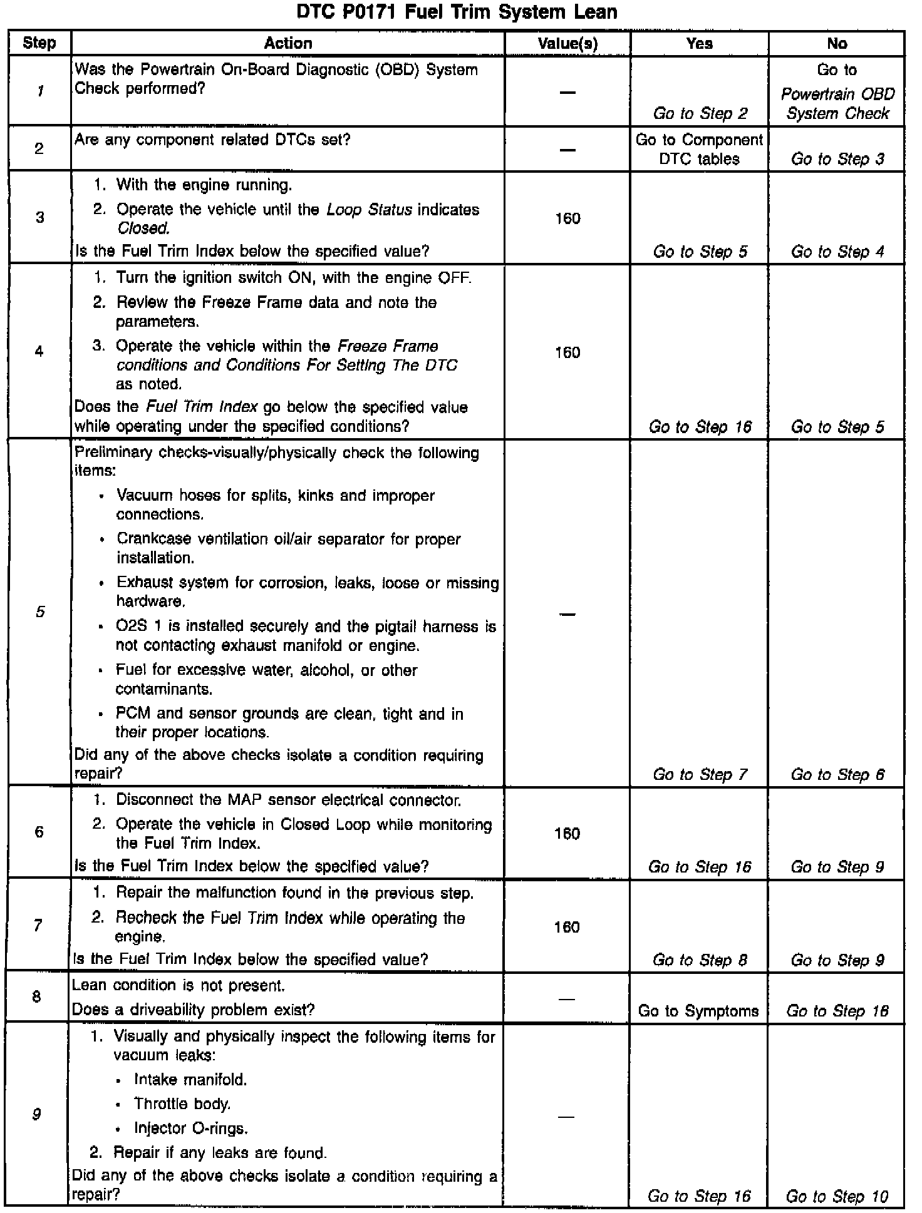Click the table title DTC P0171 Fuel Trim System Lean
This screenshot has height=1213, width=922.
[457, 13]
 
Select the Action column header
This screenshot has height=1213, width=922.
[287, 43]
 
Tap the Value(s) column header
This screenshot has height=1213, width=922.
[567, 43]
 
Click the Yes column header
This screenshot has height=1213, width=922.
[699, 43]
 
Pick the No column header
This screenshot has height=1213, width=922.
[837, 43]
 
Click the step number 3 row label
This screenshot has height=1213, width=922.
[39, 218]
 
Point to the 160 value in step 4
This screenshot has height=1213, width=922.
[567, 352]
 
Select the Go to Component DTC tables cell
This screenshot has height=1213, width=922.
[699, 149]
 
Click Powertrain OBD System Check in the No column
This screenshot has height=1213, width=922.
[837, 104]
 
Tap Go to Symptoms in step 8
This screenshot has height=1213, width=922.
[698, 1011]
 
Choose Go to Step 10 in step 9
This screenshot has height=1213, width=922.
[837, 1197]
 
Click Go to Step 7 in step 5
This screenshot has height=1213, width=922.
[700, 774]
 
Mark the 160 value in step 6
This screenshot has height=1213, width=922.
[567, 833]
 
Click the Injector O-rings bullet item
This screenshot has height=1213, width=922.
[191, 1128]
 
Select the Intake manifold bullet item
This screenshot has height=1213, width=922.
[190, 1079]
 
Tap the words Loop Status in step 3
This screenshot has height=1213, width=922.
[370, 209]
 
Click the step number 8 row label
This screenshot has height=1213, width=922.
[38, 996]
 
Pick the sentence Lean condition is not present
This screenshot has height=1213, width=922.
[179, 985]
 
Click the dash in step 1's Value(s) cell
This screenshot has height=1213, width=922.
[567, 92]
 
